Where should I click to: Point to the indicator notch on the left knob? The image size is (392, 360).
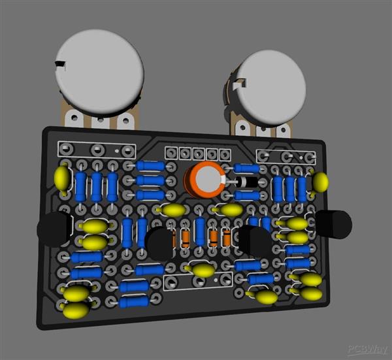[62, 64]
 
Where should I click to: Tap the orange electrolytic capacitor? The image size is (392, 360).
[205, 179]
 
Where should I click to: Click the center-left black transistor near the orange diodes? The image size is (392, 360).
[159, 243]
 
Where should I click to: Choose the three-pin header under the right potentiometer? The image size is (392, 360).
[286, 157]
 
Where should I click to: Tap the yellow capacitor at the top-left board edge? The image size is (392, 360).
[62, 178]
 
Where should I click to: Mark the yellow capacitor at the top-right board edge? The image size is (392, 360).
[320, 182]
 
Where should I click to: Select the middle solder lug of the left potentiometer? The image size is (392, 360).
[99, 122]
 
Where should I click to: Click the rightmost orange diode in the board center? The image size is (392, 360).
[227, 238]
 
